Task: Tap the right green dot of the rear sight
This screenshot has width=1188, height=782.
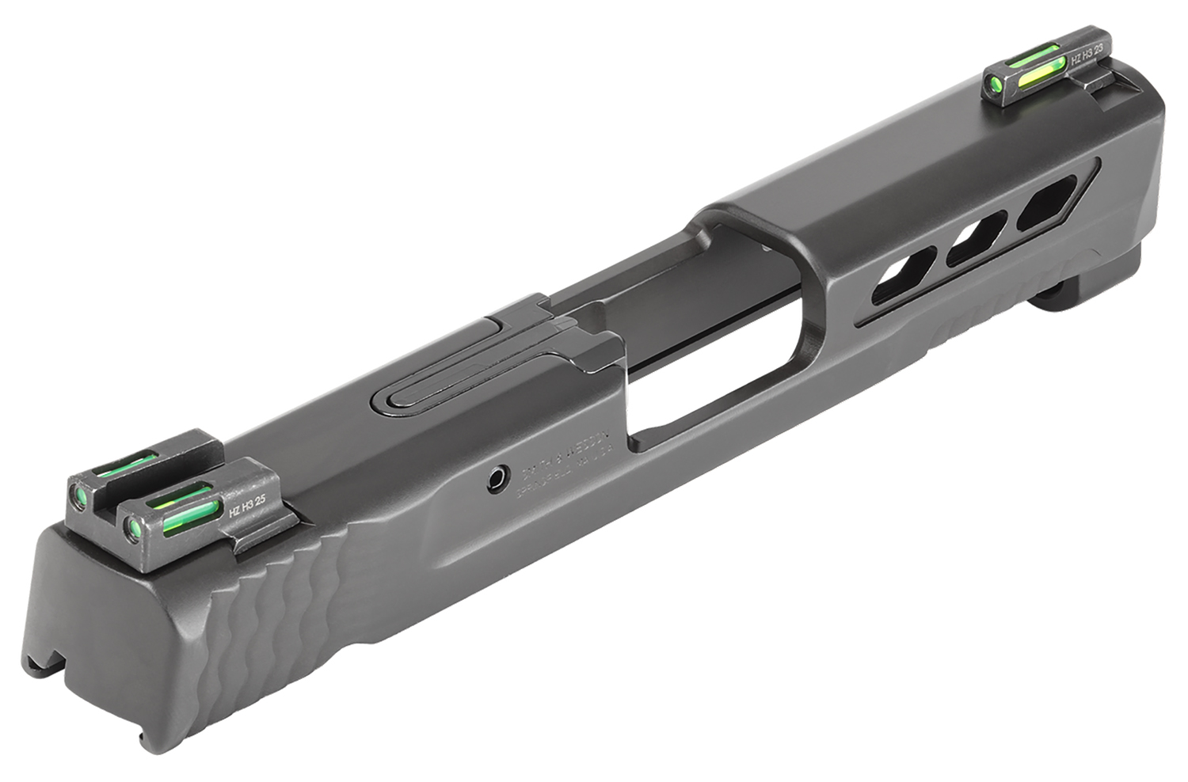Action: click(132, 523)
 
